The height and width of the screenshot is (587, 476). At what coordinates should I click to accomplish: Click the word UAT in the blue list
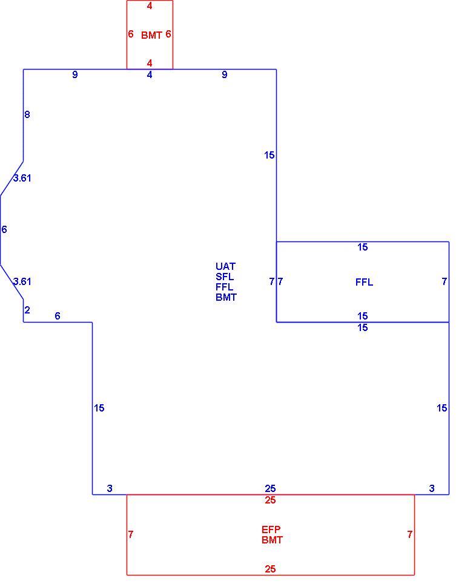(225, 266)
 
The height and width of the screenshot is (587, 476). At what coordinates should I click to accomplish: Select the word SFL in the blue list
(225, 277)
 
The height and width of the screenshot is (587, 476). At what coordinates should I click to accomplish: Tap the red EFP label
(271, 530)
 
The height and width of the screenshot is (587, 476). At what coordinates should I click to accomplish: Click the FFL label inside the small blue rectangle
(364, 282)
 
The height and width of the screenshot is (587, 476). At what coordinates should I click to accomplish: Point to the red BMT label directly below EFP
(273, 540)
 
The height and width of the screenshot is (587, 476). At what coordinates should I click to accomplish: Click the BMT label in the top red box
(151, 35)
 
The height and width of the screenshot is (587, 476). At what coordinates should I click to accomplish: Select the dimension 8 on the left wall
(27, 114)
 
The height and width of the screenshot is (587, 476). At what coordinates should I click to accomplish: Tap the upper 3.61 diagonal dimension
(22, 178)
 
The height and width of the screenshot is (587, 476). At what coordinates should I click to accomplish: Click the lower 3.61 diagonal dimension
(22, 281)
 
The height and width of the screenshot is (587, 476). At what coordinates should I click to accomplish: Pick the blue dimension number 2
(27, 310)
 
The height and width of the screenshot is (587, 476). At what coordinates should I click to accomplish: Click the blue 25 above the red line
(270, 488)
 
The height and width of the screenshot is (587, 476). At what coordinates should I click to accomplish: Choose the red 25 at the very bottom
(270, 569)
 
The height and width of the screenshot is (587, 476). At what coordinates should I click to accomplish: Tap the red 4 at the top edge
(150, 5)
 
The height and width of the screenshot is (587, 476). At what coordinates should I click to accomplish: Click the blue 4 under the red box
(150, 75)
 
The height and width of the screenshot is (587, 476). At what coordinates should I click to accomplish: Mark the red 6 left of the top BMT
(131, 34)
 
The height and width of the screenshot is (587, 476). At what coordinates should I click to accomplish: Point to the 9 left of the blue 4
(75, 74)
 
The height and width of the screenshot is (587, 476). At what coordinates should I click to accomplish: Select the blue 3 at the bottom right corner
(432, 488)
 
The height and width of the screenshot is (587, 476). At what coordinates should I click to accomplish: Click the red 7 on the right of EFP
(410, 534)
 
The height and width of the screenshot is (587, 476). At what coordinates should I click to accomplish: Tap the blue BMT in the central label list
(226, 297)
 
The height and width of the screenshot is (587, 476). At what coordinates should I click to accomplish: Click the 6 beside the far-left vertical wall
(4, 229)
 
